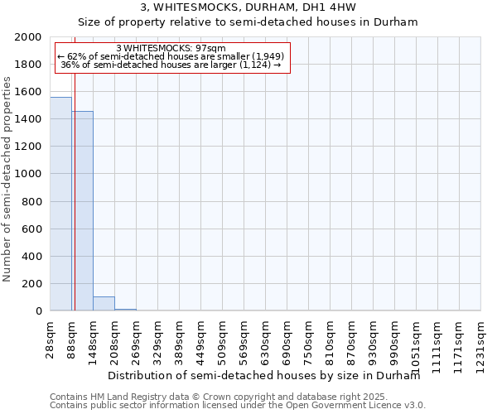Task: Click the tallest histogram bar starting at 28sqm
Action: coord(60,204)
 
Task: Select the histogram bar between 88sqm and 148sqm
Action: coord(82,211)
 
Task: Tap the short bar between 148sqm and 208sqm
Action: coord(104,304)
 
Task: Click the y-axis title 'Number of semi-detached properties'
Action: coord(8,179)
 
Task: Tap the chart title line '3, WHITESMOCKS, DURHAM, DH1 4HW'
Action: coord(248,8)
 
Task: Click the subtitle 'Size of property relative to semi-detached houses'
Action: coord(248,22)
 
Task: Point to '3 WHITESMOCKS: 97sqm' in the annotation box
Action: coord(171,48)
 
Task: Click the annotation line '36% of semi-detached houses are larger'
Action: coord(171,65)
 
